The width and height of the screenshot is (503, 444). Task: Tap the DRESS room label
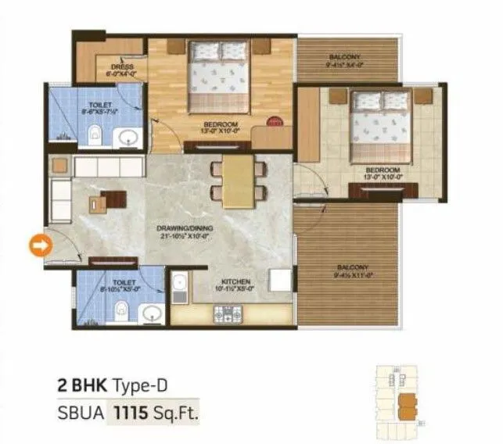point(121,67)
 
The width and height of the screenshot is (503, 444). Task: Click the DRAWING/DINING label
point(185,228)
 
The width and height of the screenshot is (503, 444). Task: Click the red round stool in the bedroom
point(273,121)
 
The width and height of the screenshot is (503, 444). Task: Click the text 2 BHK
point(82,385)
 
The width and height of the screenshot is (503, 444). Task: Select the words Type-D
point(141,385)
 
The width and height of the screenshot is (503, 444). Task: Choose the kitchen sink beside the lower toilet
point(178,287)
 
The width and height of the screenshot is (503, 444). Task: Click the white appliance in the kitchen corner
point(279,280)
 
